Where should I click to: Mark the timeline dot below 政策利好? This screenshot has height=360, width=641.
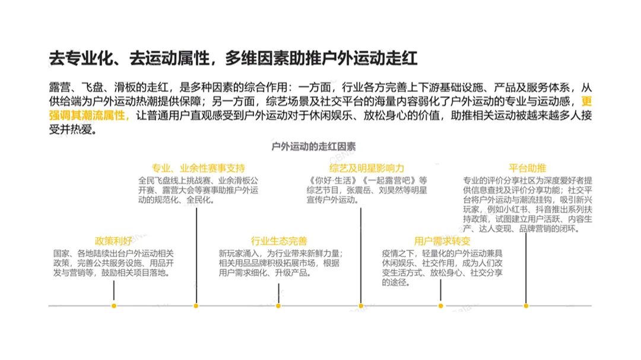point(114,306)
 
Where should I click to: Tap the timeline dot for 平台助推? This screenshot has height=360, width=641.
point(526,306)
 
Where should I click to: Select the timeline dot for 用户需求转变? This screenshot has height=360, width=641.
point(441,306)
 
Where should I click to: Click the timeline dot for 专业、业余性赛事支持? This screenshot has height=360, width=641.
point(196,306)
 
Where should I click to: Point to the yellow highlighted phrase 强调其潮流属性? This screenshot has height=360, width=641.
point(88,115)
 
